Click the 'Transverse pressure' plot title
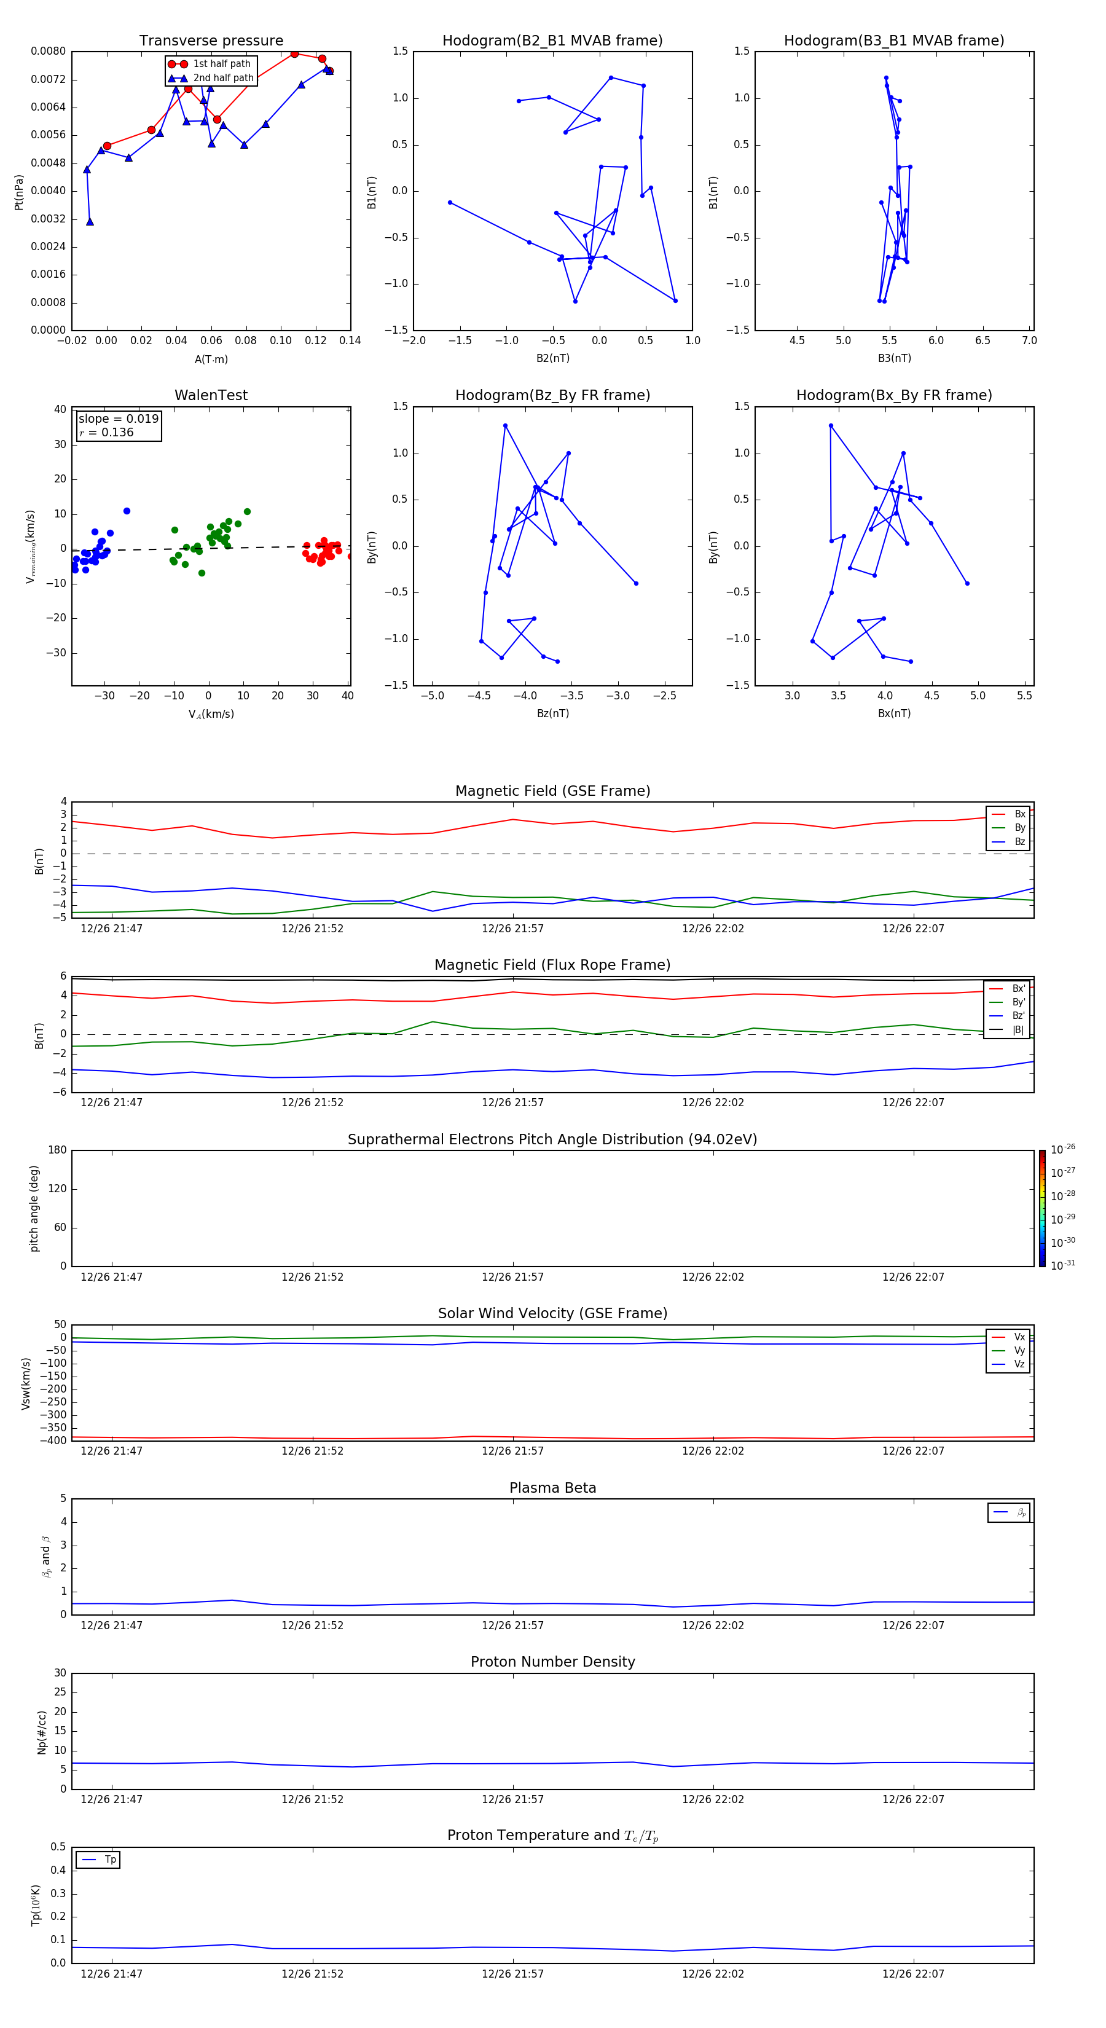click(211, 41)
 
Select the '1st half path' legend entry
click(221, 64)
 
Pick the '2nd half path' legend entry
click(223, 78)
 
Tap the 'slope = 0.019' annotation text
click(118, 419)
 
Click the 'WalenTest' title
click(211, 395)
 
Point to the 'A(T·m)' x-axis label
click(211, 360)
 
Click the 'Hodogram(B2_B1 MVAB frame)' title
click(552, 41)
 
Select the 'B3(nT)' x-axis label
click(894, 358)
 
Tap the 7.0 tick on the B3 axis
click(1029, 341)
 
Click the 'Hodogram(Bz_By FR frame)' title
click(552, 395)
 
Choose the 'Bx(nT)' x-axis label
click(894, 713)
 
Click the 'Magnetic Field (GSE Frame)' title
click(552, 791)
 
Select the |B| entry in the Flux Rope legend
click(1018, 1030)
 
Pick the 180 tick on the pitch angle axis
click(58, 1150)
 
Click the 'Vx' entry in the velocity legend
click(1019, 1337)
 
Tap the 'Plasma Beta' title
click(552, 1488)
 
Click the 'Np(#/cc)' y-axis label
click(42, 1732)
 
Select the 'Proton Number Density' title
click(552, 1662)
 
